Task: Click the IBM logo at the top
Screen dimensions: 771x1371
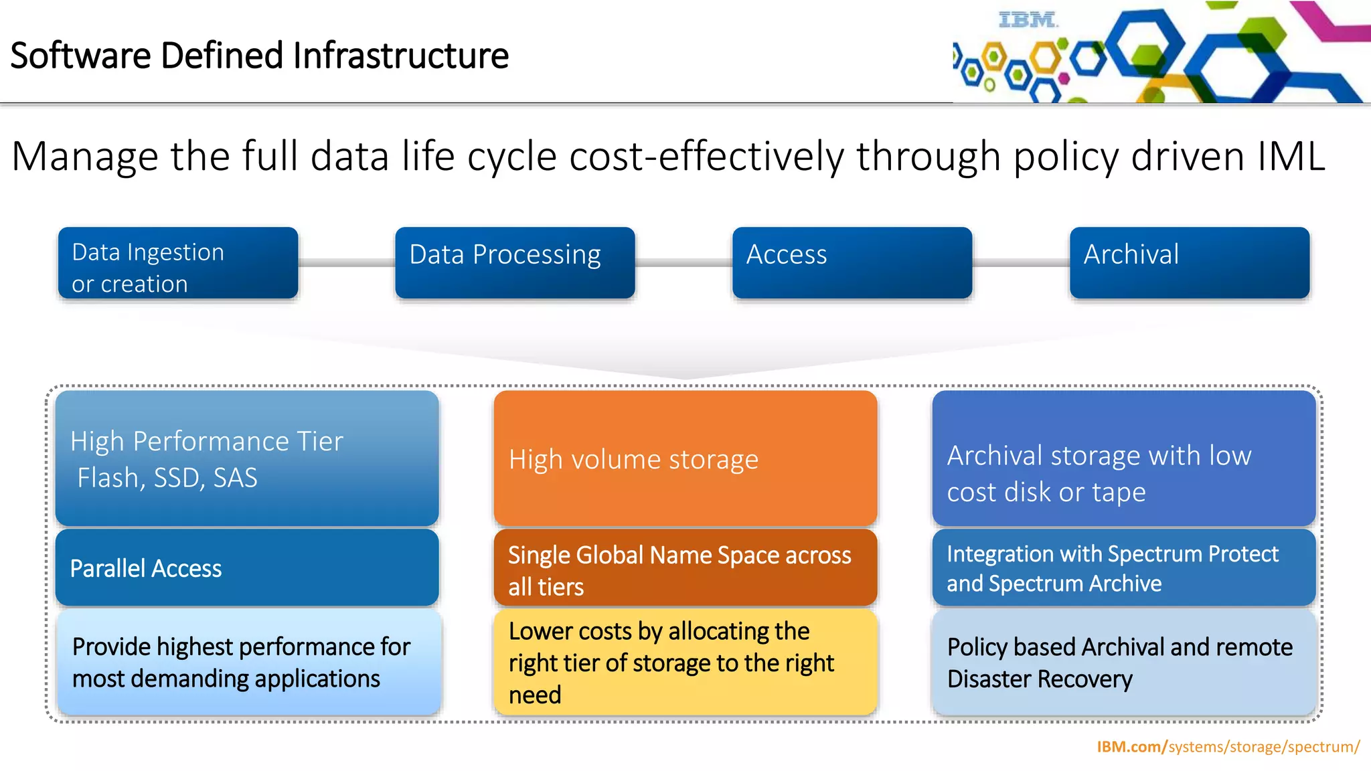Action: pyautogui.click(x=1028, y=20)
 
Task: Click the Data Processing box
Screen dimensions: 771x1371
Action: pyautogui.click(x=514, y=262)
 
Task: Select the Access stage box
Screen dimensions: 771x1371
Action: pyautogui.click(x=852, y=262)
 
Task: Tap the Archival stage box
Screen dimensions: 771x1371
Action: pyautogui.click(x=1189, y=262)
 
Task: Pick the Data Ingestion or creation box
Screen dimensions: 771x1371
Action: pyautogui.click(x=177, y=262)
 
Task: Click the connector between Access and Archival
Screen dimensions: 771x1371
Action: pyautogui.click(x=1020, y=263)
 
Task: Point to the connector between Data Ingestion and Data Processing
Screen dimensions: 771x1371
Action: pyautogui.click(x=346, y=263)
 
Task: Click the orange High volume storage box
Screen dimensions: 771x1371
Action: pyautogui.click(x=685, y=458)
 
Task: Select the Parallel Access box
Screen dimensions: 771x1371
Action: pyautogui.click(x=246, y=568)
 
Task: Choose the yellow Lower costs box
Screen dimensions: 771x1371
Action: pyautogui.click(x=685, y=662)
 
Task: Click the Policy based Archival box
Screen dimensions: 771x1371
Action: pyautogui.click(x=1123, y=662)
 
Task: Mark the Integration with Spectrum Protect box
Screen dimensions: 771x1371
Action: pyautogui.click(x=1123, y=568)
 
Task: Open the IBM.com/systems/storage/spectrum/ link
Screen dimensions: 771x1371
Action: pyautogui.click(x=1227, y=746)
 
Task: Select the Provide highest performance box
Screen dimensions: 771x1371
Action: pyautogui.click(x=248, y=662)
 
